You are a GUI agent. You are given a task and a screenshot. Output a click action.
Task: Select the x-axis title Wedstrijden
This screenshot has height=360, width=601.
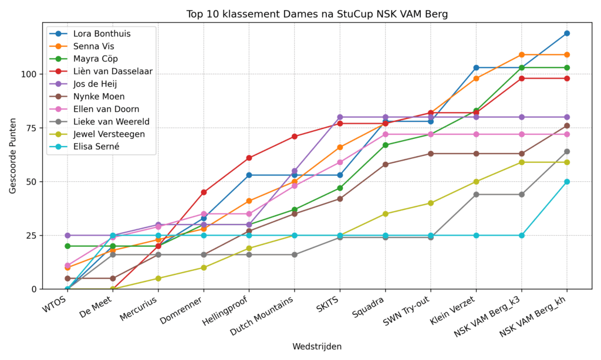click(x=317, y=347)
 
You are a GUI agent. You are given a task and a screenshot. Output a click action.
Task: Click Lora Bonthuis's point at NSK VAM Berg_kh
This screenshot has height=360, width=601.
click(x=567, y=33)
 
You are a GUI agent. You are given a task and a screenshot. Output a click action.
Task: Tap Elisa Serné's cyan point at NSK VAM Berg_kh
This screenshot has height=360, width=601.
click(x=567, y=182)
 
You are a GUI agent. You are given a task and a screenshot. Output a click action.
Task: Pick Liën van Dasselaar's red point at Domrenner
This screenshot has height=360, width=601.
click(x=204, y=192)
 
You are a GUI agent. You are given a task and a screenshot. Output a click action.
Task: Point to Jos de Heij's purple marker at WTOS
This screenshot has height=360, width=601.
click(x=67, y=235)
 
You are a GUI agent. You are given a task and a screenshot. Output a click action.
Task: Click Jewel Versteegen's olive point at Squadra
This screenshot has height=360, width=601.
click(x=386, y=214)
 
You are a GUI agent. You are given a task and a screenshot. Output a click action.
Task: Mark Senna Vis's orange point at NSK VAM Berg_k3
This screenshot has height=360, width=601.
click(x=522, y=55)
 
